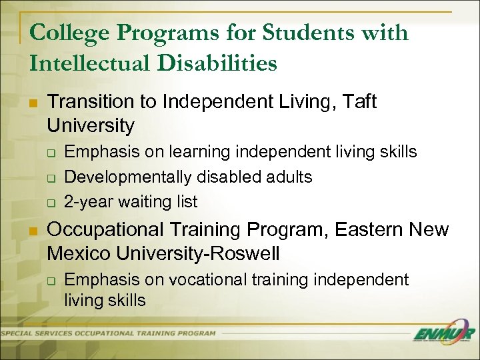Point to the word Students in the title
coord(297,33)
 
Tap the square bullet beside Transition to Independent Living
coord(33,103)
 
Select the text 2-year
coord(86,201)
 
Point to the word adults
coord(287,177)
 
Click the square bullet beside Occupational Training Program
coord(33,231)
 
